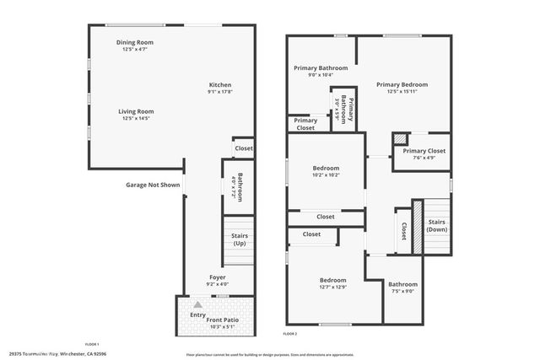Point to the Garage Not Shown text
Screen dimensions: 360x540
point(153,184)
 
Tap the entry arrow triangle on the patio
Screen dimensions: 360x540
point(197,305)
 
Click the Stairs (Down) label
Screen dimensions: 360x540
point(437,226)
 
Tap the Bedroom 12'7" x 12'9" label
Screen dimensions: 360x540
point(332,283)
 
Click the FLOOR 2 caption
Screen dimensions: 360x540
point(290,335)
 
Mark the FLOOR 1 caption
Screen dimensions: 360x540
point(92,343)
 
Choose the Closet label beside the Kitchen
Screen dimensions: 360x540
point(244,148)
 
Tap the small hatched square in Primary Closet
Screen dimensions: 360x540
point(402,139)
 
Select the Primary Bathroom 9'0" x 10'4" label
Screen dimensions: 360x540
point(315,72)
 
